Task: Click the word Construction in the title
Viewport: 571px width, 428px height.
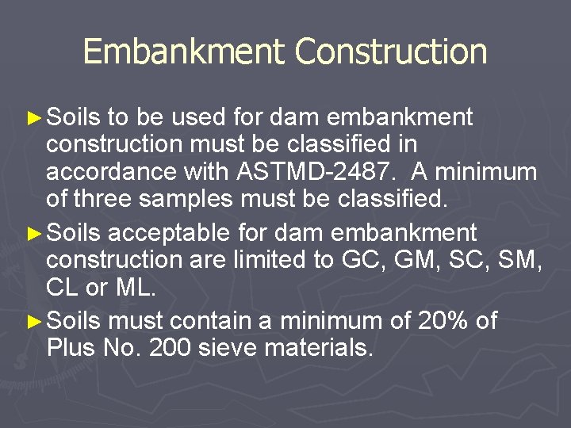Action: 391,52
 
